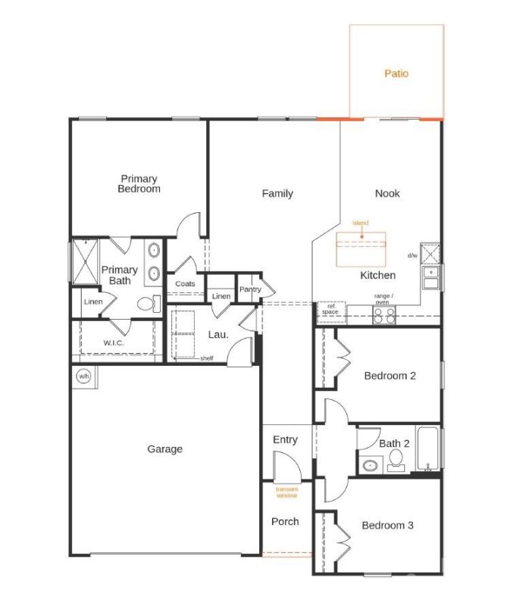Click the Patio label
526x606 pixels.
396,73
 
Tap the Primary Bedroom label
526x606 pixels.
139,184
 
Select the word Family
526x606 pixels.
277,193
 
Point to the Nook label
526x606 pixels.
387,193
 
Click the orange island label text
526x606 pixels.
360,223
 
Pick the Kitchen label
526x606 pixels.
377,275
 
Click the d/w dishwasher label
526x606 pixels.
412,256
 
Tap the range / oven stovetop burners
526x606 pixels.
383,317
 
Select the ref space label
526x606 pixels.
331,310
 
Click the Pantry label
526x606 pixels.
250,289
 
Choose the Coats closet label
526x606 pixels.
185,284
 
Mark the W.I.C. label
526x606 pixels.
114,342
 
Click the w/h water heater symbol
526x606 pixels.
83,376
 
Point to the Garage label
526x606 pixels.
164,449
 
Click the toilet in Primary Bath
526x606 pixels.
147,305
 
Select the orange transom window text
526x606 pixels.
286,492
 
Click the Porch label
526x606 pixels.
285,521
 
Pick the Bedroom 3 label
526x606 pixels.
387,525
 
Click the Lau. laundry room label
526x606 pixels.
218,334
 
